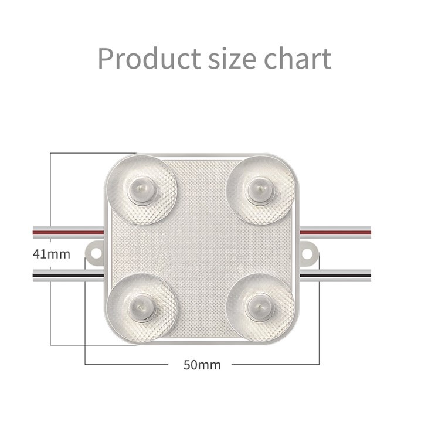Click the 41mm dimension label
51,254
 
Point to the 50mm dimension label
202,365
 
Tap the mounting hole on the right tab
310,253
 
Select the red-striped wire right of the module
340,232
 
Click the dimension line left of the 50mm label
129,365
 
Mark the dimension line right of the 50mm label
276,365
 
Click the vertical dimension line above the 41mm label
51,199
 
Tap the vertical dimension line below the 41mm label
51,305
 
